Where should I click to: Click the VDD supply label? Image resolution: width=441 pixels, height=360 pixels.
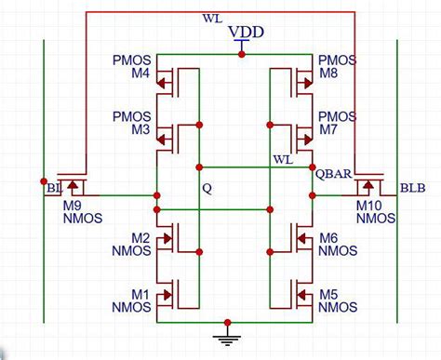[247, 33]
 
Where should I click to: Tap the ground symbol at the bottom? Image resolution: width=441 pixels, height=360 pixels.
[223, 334]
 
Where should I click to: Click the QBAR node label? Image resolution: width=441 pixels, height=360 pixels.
[333, 174]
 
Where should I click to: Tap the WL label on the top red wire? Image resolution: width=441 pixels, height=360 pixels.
[211, 19]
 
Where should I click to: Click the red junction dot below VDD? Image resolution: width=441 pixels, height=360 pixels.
[242, 54]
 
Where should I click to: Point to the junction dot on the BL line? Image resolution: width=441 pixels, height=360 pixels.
[43, 180]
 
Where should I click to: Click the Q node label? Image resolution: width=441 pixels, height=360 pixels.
[207, 187]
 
